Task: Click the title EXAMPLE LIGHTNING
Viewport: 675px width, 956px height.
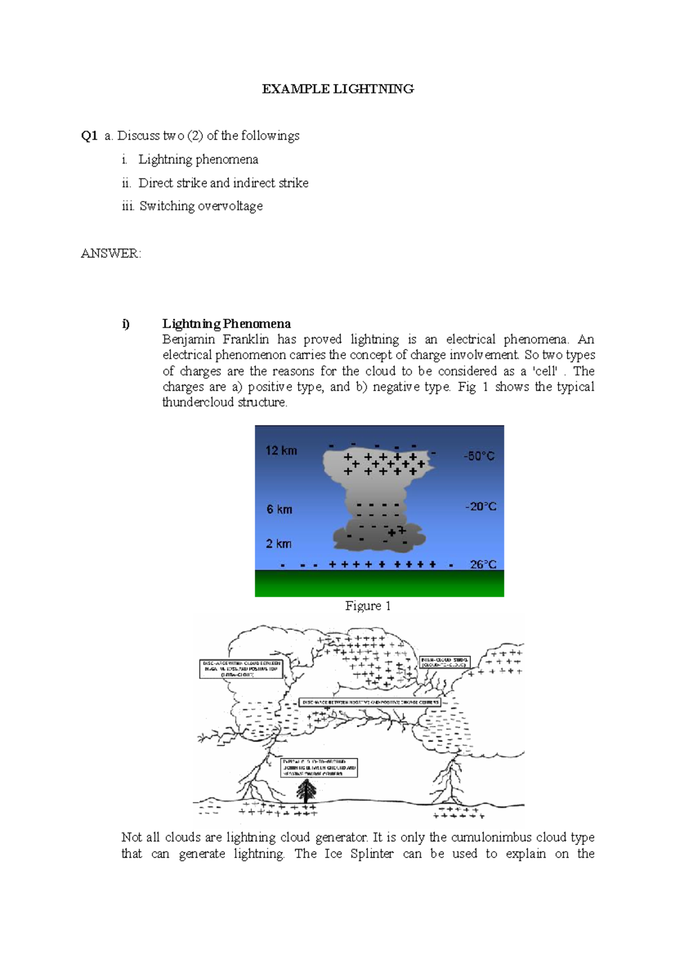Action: point(337,89)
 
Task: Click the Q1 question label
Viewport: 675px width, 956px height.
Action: point(89,136)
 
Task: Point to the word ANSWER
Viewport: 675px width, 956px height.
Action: point(110,253)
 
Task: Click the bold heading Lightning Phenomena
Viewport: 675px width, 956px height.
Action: point(226,324)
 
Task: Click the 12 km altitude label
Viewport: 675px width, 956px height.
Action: point(281,450)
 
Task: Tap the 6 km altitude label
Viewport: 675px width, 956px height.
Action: point(279,510)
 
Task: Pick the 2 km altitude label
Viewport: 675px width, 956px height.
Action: point(278,544)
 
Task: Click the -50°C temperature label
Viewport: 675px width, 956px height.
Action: point(479,456)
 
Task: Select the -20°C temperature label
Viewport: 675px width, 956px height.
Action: point(480,507)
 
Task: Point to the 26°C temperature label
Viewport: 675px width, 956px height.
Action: point(483,564)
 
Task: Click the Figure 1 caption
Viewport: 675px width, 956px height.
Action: point(368,606)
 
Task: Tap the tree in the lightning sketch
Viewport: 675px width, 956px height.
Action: point(306,791)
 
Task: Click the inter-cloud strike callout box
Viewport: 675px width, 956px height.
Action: point(444,662)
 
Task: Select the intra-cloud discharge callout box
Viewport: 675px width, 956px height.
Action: point(241,668)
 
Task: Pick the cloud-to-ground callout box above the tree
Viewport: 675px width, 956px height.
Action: point(319,767)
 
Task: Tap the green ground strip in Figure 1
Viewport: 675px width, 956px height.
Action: point(379,583)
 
